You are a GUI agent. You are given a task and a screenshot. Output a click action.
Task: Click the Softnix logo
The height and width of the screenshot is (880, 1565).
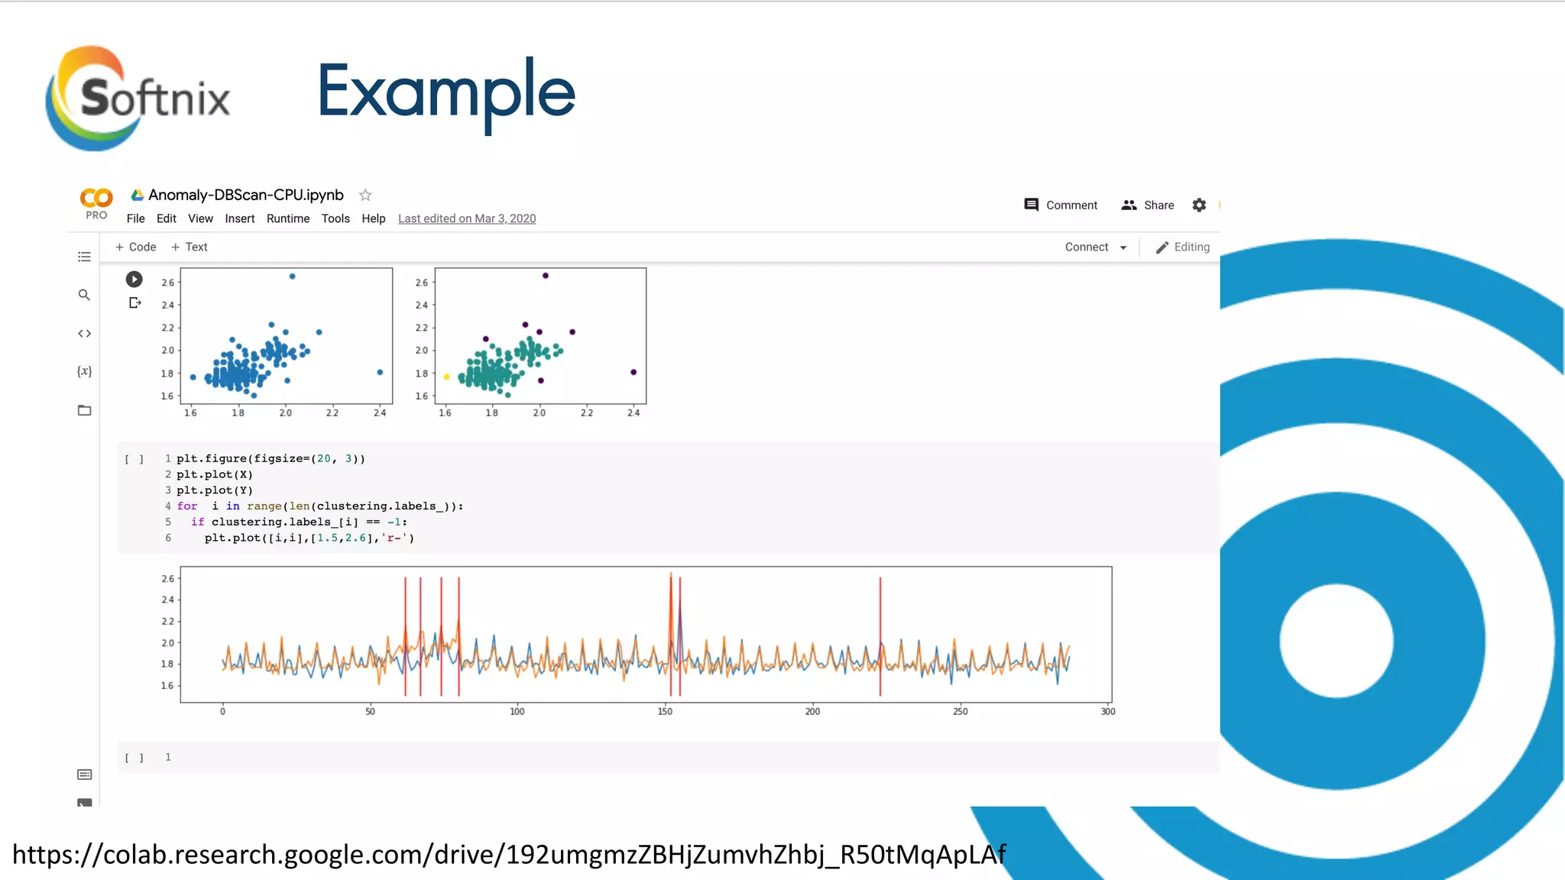[x=138, y=98]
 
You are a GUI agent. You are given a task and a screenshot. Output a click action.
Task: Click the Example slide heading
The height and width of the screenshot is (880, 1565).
[x=446, y=92]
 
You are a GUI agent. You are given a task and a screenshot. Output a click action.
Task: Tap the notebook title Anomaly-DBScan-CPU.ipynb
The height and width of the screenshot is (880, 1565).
[x=245, y=195]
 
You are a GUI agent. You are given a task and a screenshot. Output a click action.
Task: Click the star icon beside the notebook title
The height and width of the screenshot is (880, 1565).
[x=365, y=195]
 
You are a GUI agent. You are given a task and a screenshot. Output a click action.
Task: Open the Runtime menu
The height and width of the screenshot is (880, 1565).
[x=288, y=218]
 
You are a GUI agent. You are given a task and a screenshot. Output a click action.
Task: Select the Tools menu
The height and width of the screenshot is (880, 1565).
[x=335, y=218]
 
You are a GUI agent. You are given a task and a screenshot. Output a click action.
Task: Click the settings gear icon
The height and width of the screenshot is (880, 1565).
[x=1199, y=205]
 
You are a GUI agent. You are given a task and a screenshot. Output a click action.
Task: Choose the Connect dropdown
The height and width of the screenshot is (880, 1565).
[x=1096, y=247]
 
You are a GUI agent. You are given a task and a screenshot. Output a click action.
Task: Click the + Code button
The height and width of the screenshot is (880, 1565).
[x=135, y=247]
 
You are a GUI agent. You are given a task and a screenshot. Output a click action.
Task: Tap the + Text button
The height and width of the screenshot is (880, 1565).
[x=190, y=247]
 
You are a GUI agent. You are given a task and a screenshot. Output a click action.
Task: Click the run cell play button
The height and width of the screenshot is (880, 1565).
[x=134, y=279]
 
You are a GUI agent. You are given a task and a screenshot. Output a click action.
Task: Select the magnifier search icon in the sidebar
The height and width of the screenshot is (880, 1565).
[x=84, y=295]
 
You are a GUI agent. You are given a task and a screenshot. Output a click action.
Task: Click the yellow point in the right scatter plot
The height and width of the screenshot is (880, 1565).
[x=446, y=377]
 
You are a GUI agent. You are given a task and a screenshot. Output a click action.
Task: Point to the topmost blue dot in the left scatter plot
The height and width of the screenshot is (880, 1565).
[x=292, y=276]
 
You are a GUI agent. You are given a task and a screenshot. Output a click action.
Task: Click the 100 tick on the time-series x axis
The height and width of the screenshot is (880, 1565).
[x=517, y=711]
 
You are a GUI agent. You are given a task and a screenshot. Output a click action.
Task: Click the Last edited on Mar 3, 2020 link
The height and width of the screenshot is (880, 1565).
[x=467, y=218]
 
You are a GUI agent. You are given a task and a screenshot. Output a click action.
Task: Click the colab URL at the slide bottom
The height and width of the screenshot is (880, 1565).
[x=509, y=854]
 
